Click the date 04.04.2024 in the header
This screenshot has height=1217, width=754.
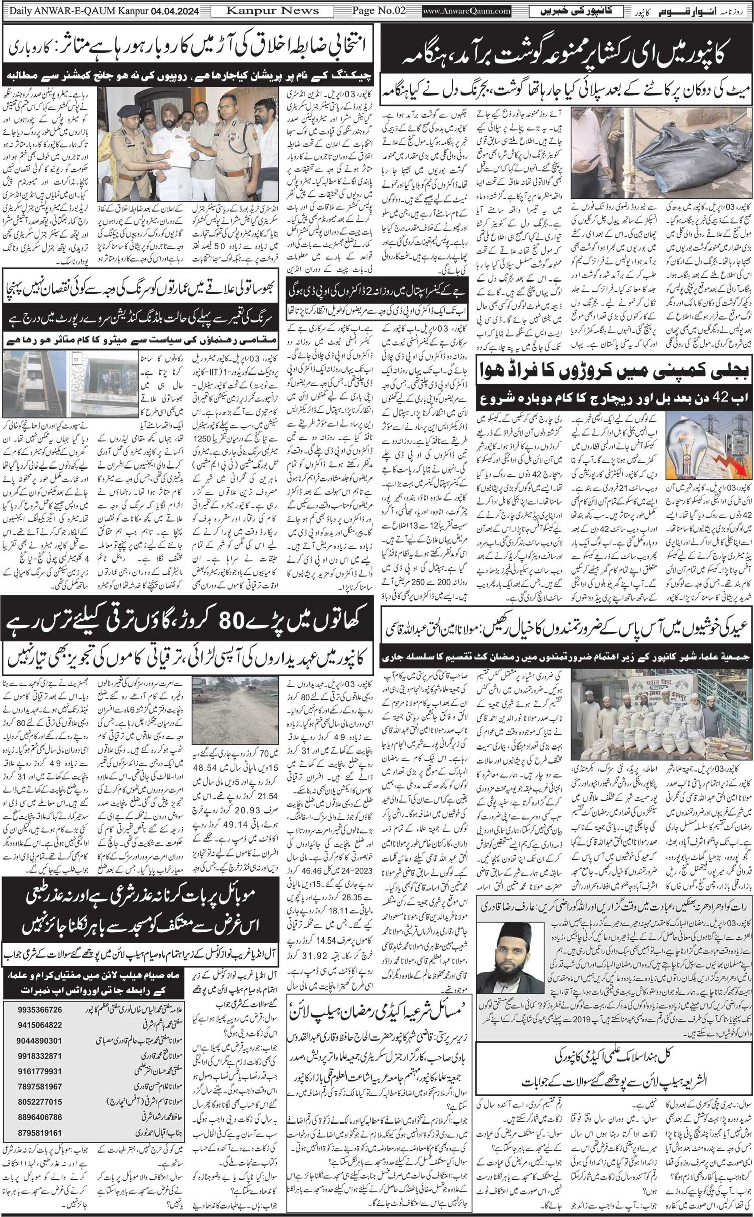pyautogui.click(x=174, y=11)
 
